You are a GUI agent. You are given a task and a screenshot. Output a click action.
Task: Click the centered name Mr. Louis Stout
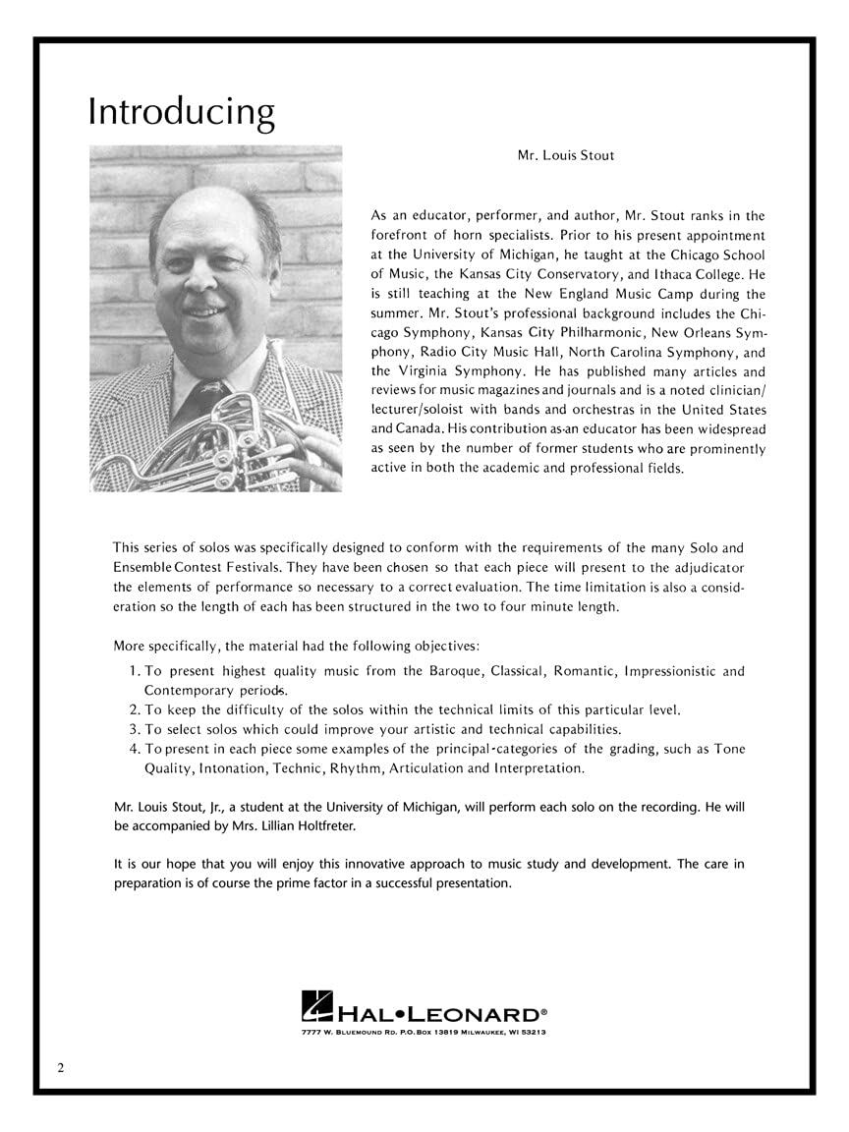[566, 155]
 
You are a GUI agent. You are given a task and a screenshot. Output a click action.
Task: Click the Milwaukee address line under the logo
[424, 1033]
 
